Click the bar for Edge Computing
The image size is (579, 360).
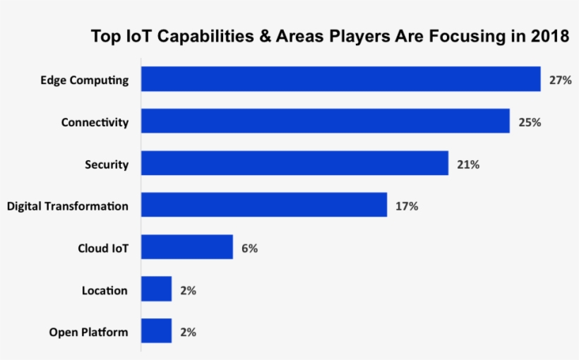(340, 79)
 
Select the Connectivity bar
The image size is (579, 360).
(325, 121)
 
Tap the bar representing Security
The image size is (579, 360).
(294, 164)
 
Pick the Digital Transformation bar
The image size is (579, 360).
(263, 205)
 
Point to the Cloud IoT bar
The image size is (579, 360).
(186, 248)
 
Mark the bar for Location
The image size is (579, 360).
(156, 289)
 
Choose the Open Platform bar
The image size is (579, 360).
(156, 331)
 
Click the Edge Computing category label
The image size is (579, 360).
(85, 80)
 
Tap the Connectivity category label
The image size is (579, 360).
(95, 122)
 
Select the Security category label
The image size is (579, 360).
(107, 164)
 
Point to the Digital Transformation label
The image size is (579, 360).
(68, 206)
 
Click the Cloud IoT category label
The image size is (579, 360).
(103, 248)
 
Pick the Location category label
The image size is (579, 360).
(105, 290)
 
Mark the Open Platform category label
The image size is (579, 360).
(88, 332)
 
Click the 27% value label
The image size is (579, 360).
(560, 80)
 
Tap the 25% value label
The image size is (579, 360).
(530, 122)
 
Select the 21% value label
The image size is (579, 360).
(468, 164)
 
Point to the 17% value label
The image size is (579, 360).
(407, 206)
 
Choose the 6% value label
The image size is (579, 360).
(249, 248)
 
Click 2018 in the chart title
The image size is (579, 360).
(549, 37)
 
